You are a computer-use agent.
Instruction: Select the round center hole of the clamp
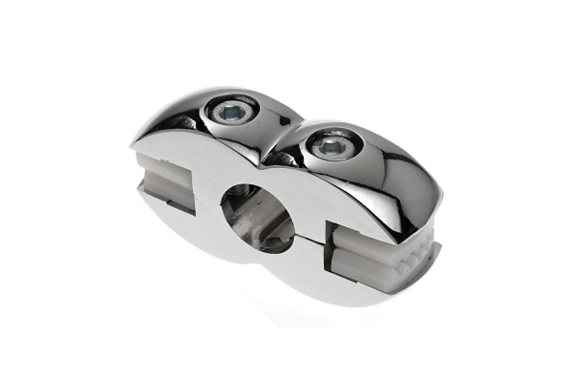pos(255,216)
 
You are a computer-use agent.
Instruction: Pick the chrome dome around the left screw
pos(205,119)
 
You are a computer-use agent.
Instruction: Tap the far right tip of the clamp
pos(441,246)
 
